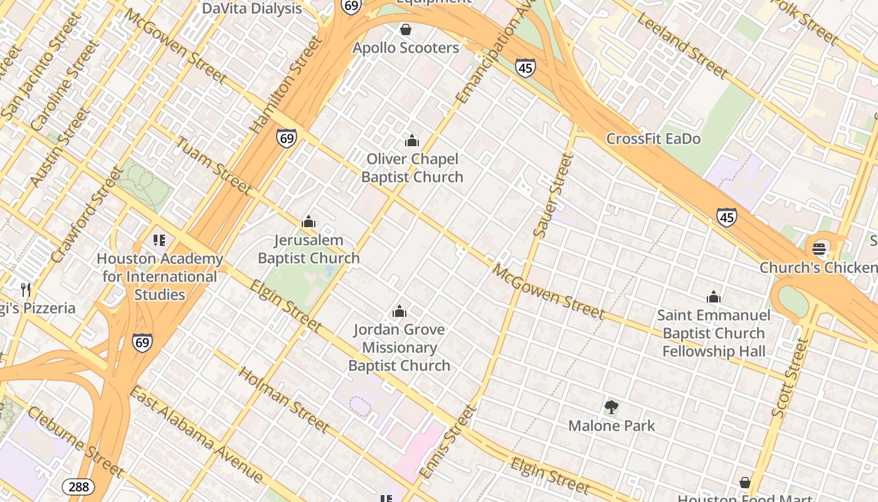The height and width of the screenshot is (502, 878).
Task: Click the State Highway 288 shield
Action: [78, 486]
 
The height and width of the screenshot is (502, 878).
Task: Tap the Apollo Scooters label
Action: [406, 48]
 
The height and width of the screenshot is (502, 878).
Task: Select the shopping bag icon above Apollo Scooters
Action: [406, 29]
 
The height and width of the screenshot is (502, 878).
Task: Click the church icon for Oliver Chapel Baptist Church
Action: [412, 141]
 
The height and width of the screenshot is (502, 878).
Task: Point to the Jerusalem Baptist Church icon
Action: [309, 222]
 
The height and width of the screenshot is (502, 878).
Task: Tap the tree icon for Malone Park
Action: [611, 407]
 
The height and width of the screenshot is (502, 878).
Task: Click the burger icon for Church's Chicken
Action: [819, 249]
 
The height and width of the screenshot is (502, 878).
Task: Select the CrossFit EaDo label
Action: [653, 139]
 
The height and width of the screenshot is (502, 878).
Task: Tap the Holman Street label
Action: [284, 400]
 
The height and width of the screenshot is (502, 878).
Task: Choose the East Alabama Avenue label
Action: [196, 434]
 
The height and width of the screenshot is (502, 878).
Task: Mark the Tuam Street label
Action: [213, 166]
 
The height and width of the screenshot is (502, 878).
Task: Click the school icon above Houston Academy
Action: [159, 240]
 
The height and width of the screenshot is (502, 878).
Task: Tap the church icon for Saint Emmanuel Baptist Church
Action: [714, 297]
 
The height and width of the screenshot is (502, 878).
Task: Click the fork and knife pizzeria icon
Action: [26, 289]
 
